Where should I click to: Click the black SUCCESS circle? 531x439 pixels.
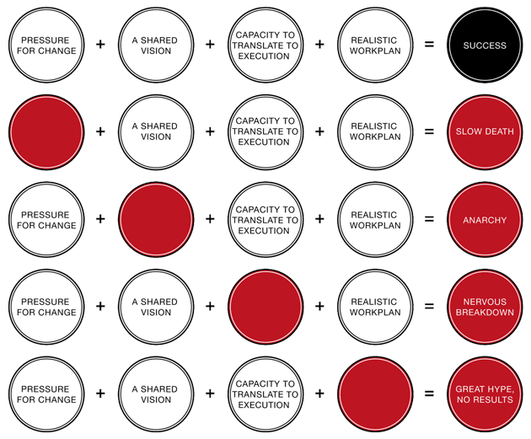coord(485,45)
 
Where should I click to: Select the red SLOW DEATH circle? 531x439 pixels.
coord(485,131)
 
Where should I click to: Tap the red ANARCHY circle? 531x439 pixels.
coord(485,220)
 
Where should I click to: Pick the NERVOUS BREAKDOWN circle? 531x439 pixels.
coord(485,307)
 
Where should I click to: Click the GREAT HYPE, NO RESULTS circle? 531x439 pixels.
coord(485,394)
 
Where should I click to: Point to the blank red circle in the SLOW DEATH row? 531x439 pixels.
coord(47,131)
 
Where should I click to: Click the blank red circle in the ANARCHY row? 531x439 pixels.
coord(156,220)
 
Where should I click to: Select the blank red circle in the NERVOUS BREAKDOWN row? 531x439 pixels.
coord(265,307)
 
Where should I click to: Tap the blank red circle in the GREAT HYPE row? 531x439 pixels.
coord(374,394)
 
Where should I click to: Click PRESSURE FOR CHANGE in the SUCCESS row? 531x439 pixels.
coord(47,45)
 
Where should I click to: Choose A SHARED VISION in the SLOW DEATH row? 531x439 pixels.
coord(156,131)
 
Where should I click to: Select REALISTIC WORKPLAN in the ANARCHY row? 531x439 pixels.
coord(374,220)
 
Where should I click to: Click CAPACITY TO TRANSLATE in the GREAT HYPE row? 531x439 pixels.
coord(265,394)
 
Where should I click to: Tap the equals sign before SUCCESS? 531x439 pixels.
coord(430,45)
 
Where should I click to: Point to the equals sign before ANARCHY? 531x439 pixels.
coord(430,220)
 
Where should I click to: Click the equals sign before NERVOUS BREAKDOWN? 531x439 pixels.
coord(430,307)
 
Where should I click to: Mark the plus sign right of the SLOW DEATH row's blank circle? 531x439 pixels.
coord(101,131)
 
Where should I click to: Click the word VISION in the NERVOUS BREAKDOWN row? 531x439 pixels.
coord(156,313)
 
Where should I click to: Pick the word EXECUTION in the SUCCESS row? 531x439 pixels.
coord(265,56)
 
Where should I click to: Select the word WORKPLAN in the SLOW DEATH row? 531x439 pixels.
coord(374,137)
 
